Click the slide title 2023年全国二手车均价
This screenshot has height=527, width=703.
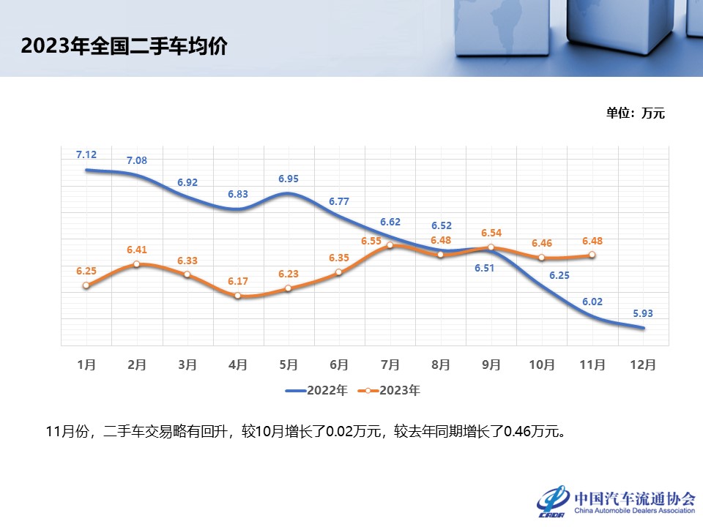(124, 47)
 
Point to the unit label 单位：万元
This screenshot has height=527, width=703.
(635, 113)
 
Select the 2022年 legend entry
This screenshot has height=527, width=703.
(316, 391)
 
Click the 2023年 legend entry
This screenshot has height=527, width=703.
(390, 391)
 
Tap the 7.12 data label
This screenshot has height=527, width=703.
(86, 154)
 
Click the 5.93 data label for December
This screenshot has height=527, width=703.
(642, 313)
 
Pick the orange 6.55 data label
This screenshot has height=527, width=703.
(372, 241)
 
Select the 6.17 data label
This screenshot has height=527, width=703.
(238, 280)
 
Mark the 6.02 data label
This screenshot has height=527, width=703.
(592, 301)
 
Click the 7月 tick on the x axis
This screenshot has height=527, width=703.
(390, 364)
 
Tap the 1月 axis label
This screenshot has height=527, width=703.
(86, 364)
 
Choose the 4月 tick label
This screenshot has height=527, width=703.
(238, 364)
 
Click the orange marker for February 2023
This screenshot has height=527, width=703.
(137, 264)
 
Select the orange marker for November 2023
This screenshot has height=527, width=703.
(592, 255)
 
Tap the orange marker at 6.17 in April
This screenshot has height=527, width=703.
(238, 296)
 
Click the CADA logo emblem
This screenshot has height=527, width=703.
(553, 500)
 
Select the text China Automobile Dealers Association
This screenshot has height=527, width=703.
(634, 511)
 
